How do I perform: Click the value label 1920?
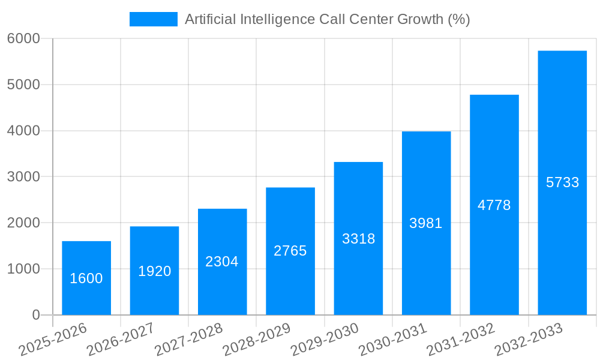[x=154, y=271]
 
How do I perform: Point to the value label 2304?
[x=222, y=262]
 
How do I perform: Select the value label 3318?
[x=358, y=239]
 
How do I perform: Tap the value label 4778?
[x=494, y=205]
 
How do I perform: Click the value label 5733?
[x=562, y=182]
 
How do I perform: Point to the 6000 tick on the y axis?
[x=23, y=38]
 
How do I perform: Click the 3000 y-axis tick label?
[x=23, y=177]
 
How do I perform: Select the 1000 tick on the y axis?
[x=23, y=269]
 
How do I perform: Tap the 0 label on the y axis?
[x=35, y=315]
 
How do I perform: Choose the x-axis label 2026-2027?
[x=121, y=340]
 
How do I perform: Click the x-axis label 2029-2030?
[x=325, y=340]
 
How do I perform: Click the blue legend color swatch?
[x=154, y=19]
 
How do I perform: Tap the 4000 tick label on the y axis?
[x=23, y=131]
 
